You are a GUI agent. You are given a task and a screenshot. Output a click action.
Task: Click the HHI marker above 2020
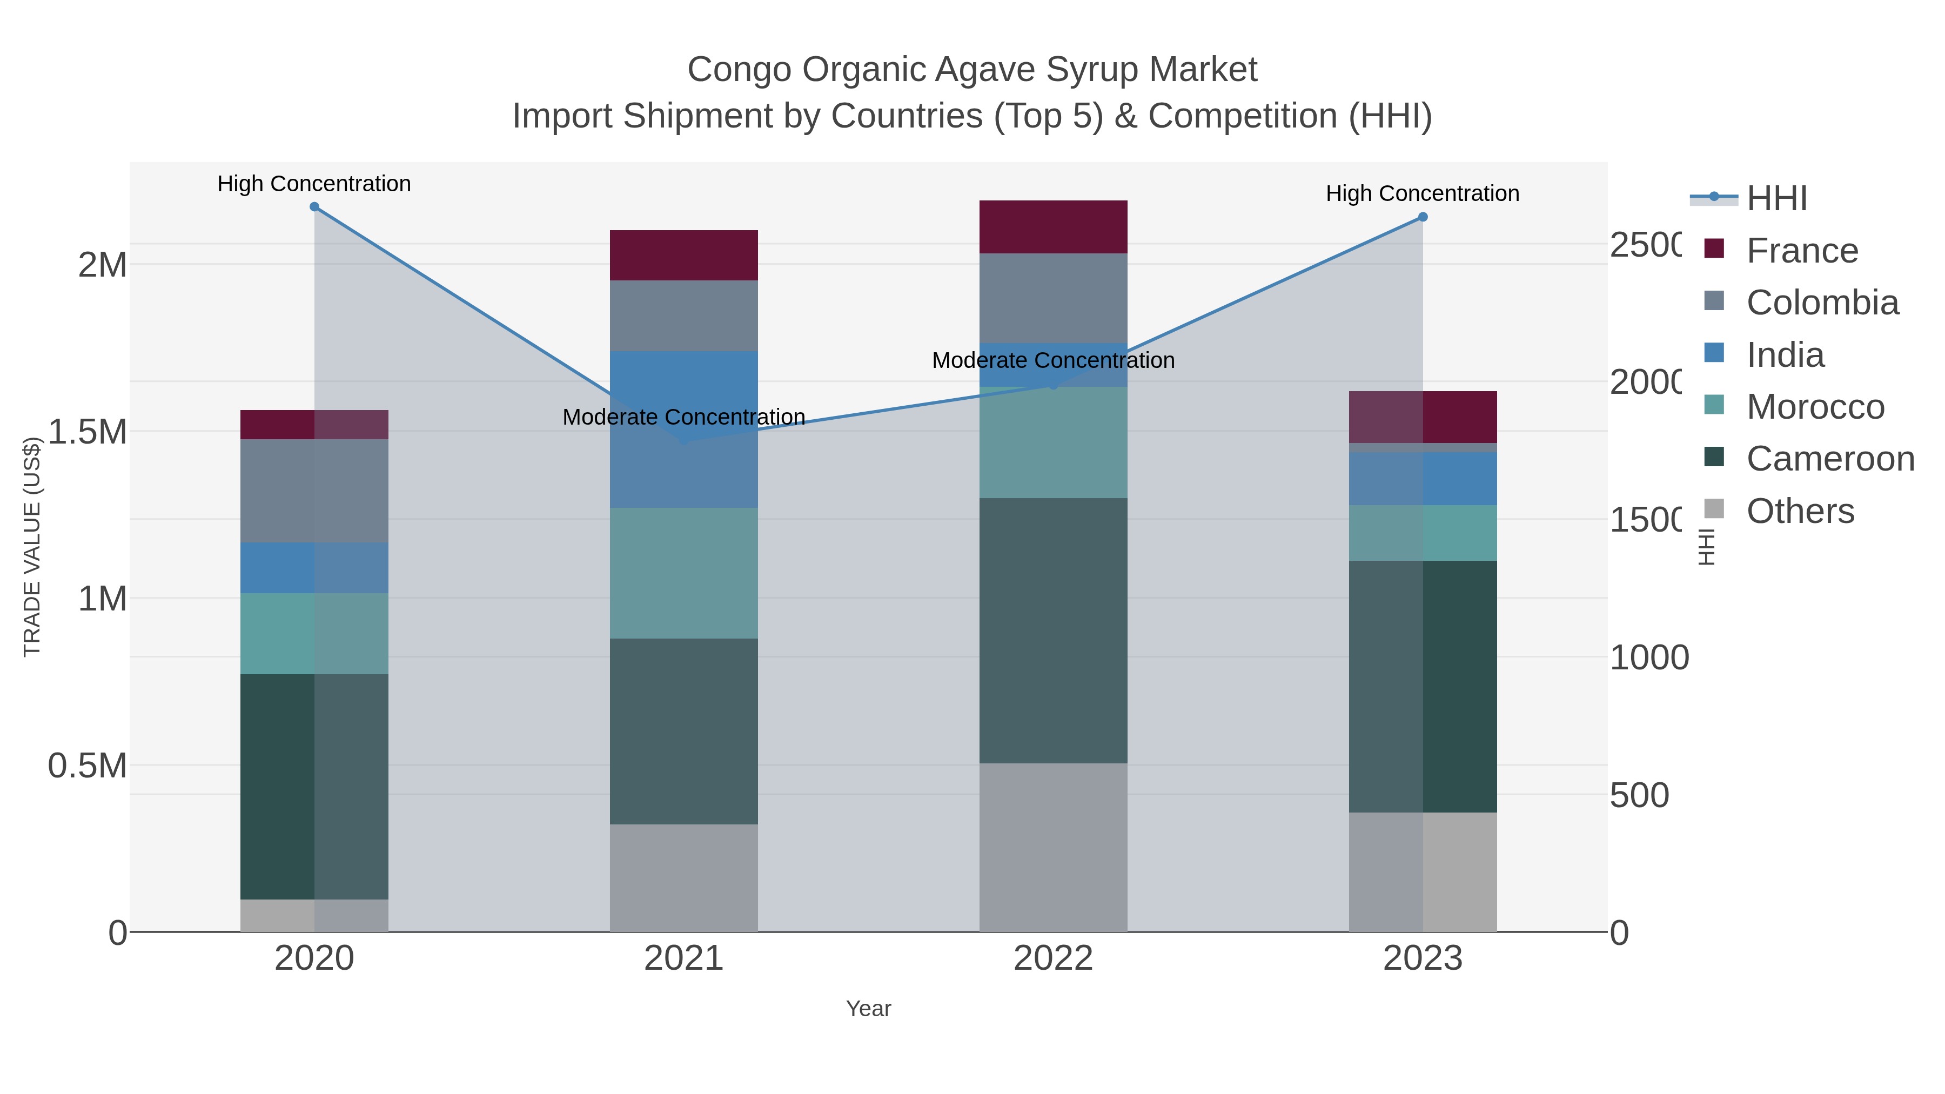pos(314,207)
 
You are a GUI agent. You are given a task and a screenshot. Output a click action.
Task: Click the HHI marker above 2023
pos(1423,217)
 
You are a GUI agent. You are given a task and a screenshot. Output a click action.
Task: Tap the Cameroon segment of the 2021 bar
pos(683,731)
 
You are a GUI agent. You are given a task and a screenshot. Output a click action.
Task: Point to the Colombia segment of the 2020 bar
pos(314,491)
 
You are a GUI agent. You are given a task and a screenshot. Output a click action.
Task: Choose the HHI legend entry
pos(1776,199)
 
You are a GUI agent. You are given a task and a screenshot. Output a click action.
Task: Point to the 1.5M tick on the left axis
pos(87,432)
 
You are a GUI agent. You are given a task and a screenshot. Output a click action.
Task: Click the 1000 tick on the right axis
pos(1649,657)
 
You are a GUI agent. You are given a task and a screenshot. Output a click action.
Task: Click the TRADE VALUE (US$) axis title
pos(32,547)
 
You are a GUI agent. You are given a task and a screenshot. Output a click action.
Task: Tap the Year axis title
pos(868,1009)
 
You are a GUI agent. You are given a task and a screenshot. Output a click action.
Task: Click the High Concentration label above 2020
pos(314,184)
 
